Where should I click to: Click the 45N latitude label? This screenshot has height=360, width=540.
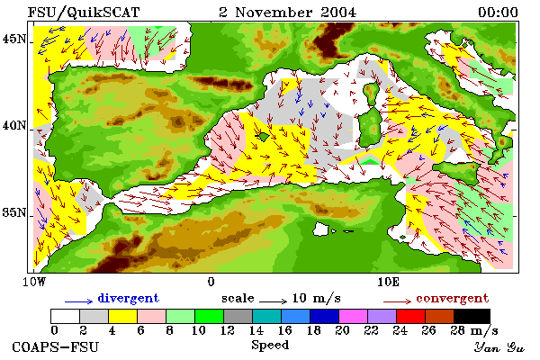coord(14,40)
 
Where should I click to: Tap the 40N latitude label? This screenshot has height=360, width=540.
coord(14,125)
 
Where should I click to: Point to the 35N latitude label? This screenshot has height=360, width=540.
coord(14,212)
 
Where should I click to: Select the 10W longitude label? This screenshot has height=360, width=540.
coord(34,282)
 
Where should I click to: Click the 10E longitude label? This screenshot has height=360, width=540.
coord(389,282)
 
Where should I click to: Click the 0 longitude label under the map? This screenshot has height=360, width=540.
coord(211,282)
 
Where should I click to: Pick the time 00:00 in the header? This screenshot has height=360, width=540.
coord(498,13)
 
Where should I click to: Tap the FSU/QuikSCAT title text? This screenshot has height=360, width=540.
coord(84,13)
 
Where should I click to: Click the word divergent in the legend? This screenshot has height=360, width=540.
coord(129,298)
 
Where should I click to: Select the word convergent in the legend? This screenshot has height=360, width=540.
coord(452,298)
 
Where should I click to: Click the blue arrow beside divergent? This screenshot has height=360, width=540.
coord(79,301)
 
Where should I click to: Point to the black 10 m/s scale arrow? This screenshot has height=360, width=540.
coord(273,301)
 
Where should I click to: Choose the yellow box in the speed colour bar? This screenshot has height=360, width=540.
coord(123,316)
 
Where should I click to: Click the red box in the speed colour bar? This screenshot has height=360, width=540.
coord(410,316)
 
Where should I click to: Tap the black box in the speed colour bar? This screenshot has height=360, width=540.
coord(472,316)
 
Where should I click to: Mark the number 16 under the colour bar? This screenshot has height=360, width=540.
coord(284,330)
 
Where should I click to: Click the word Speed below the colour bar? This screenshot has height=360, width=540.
coord(270,346)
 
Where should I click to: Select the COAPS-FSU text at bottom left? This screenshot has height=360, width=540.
coord(55,346)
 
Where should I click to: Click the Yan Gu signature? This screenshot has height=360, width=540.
coord(499,347)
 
